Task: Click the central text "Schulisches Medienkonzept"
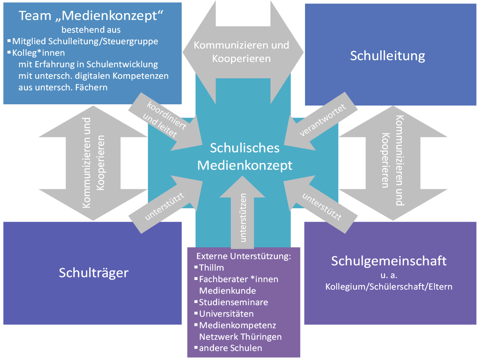tap(245, 157)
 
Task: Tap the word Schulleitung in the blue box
tap(388, 56)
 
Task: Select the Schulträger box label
tap(93, 273)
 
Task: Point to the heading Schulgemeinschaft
tap(389, 261)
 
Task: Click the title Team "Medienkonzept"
tap(91, 16)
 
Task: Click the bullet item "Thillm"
tap(211, 268)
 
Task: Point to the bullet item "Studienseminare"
tap(233, 302)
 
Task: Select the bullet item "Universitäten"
tap(226, 314)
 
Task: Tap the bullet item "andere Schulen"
tap(230, 348)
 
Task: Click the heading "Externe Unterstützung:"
tap(244, 256)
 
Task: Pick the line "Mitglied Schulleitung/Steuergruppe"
tap(85, 41)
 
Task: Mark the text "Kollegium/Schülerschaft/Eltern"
tap(389, 287)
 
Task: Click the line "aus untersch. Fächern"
tap(63, 88)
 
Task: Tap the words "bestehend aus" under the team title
tap(91, 30)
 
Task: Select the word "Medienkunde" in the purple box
tap(227, 291)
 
